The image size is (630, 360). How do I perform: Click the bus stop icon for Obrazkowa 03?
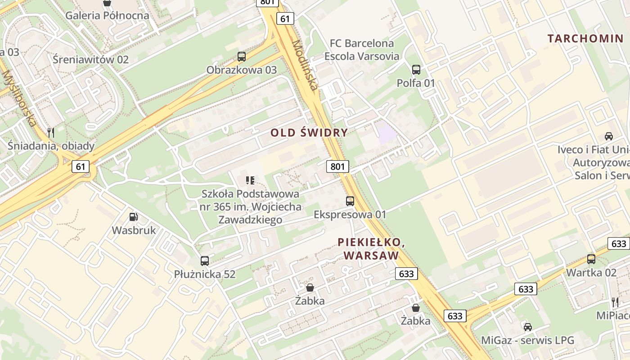click(x=242, y=57)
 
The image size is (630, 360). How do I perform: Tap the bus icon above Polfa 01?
click(x=416, y=70)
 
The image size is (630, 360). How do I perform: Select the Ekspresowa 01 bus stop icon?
click(x=350, y=201)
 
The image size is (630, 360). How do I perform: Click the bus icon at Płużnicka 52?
click(x=205, y=261)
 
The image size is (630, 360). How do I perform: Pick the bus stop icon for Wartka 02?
click(x=591, y=259)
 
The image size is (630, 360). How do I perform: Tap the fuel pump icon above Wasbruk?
click(x=134, y=217)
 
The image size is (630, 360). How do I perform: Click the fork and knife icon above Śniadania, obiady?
click(x=51, y=132)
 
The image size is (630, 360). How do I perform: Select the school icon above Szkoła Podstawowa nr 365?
click(x=250, y=180)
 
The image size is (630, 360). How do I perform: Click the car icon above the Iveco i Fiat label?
click(x=609, y=136)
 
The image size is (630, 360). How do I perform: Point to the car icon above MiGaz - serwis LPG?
click(x=528, y=327)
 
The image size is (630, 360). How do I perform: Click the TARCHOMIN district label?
click(x=586, y=39)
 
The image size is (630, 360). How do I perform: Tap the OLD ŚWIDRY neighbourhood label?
click(x=309, y=132)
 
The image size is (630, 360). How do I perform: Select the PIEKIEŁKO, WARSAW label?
click(x=371, y=249)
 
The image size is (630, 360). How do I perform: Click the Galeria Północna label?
click(x=107, y=15)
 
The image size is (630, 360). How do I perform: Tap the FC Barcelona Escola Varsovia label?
click(x=362, y=49)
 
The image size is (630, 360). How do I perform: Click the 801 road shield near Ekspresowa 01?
click(x=337, y=166)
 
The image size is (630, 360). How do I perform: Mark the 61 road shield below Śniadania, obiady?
click(x=80, y=166)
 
